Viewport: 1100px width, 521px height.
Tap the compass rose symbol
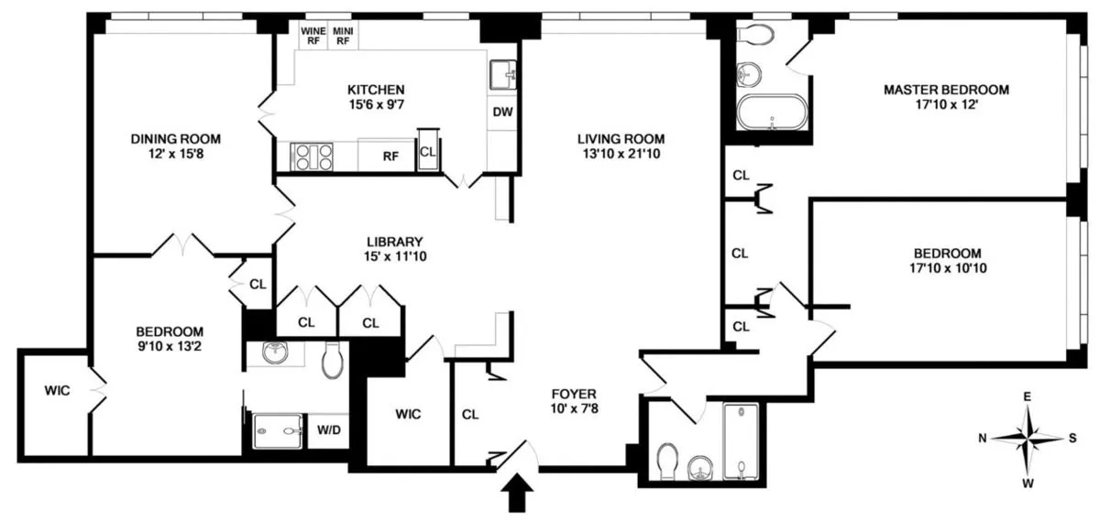[1028, 438]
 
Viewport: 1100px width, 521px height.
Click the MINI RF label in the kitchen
[342, 35]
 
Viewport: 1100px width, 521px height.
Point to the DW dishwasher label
[501, 113]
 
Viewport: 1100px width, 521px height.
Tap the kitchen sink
[501, 73]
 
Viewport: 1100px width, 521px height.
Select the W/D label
[327, 429]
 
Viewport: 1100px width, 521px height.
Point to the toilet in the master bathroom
[753, 37]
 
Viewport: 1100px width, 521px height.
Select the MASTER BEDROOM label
[946, 90]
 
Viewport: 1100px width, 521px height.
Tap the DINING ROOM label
[175, 139]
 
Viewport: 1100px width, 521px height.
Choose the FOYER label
[574, 395]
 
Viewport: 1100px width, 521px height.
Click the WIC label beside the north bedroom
[58, 390]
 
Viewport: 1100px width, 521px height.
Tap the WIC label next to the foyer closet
[408, 415]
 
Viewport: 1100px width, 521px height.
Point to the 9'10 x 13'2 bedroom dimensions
[170, 347]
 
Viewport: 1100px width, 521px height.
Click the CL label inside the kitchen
[428, 153]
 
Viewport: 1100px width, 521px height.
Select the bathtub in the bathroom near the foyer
[740, 440]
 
